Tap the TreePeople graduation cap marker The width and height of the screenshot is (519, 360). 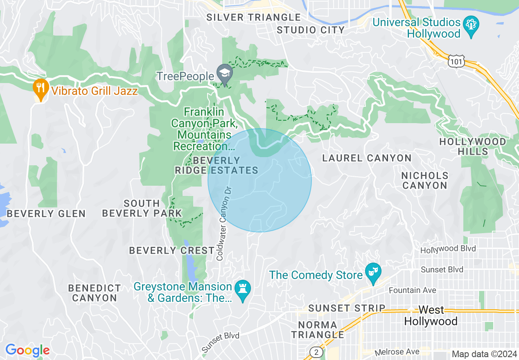(x=225, y=74)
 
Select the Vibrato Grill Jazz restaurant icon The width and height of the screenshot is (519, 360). (x=40, y=88)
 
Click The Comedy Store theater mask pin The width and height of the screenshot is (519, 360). (x=373, y=273)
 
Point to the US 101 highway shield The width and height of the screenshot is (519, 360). (x=456, y=61)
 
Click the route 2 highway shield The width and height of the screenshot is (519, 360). (x=316, y=352)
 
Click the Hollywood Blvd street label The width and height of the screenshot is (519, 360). (x=448, y=249)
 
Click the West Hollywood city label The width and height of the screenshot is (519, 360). (x=431, y=316)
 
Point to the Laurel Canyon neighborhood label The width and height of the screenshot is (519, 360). (x=367, y=158)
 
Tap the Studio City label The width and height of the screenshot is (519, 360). (x=311, y=30)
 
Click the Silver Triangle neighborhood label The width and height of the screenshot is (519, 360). (x=253, y=17)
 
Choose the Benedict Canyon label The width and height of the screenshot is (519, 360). (x=95, y=293)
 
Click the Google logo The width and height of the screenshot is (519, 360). (x=27, y=350)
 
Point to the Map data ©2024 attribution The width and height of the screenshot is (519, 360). (x=484, y=354)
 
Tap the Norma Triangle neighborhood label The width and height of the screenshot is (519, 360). (x=318, y=330)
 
